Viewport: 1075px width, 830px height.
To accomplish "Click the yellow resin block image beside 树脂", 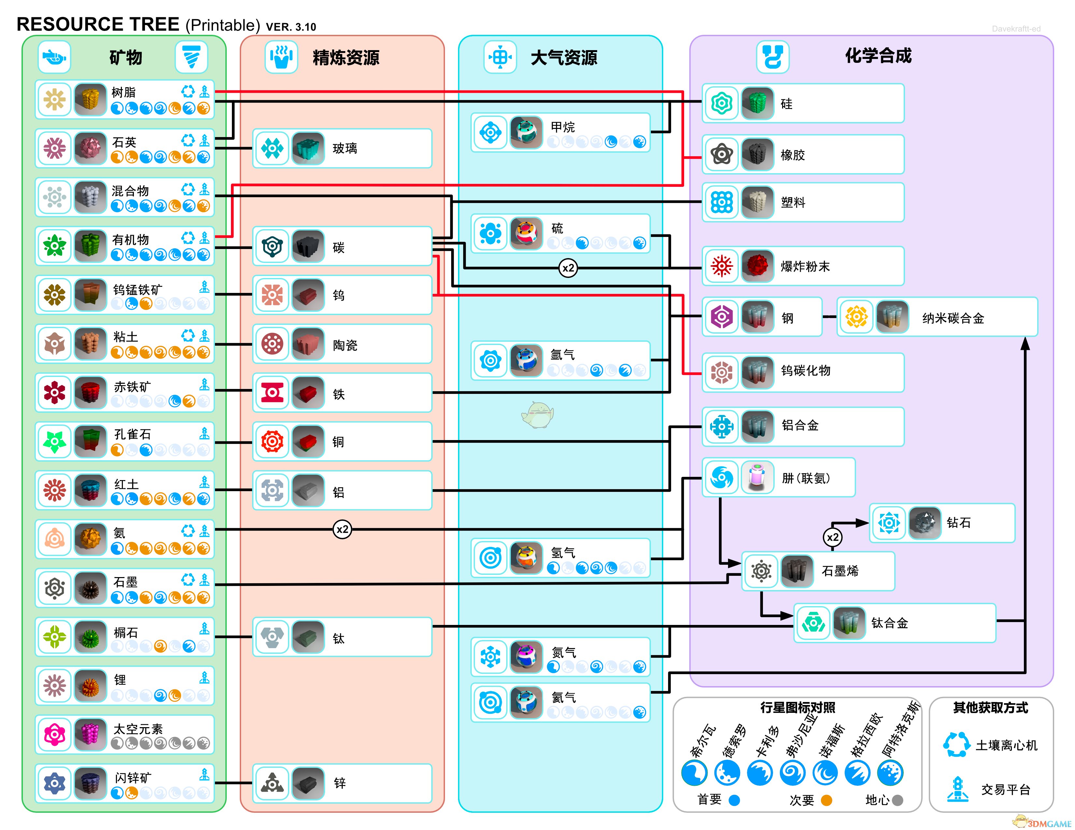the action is tap(91, 99).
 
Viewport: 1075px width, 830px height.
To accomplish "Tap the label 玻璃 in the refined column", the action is tap(345, 148).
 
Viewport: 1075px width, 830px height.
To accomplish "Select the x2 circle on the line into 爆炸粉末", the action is tap(568, 268).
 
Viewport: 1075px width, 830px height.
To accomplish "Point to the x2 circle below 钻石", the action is tap(832, 537).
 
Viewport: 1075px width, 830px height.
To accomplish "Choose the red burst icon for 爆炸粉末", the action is tap(722, 266).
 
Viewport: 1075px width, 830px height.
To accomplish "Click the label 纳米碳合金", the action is tap(953, 318).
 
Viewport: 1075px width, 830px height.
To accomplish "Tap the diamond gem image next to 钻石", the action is tap(925, 523).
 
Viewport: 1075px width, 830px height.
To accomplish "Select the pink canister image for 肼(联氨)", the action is tap(757, 477).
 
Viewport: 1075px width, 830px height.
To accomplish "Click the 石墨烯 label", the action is tap(840, 571).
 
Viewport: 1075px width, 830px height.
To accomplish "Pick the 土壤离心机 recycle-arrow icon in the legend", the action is tap(957, 745).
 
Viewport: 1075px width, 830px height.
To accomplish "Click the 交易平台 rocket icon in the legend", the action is tap(957, 789).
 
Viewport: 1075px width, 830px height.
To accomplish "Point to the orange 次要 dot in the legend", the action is tap(826, 800).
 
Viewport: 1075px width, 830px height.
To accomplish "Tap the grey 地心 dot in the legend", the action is tap(897, 800).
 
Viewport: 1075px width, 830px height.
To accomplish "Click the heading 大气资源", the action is tap(564, 58).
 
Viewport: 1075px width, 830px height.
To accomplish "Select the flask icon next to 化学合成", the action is tap(773, 57).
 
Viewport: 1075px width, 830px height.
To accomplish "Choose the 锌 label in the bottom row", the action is tap(340, 783).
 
